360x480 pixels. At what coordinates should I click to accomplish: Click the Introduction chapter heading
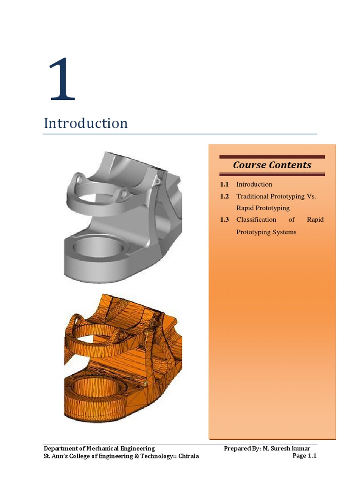tap(86, 123)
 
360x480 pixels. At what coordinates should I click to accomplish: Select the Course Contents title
tap(272, 165)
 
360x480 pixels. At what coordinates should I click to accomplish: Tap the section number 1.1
tap(224, 184)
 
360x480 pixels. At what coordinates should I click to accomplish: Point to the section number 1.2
tap(224, 196)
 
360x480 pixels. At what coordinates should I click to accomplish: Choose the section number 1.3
tap(224, 220)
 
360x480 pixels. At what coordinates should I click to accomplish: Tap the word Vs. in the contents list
tap(312, 196)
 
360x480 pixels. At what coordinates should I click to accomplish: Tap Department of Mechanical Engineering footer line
tap(99, 448)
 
